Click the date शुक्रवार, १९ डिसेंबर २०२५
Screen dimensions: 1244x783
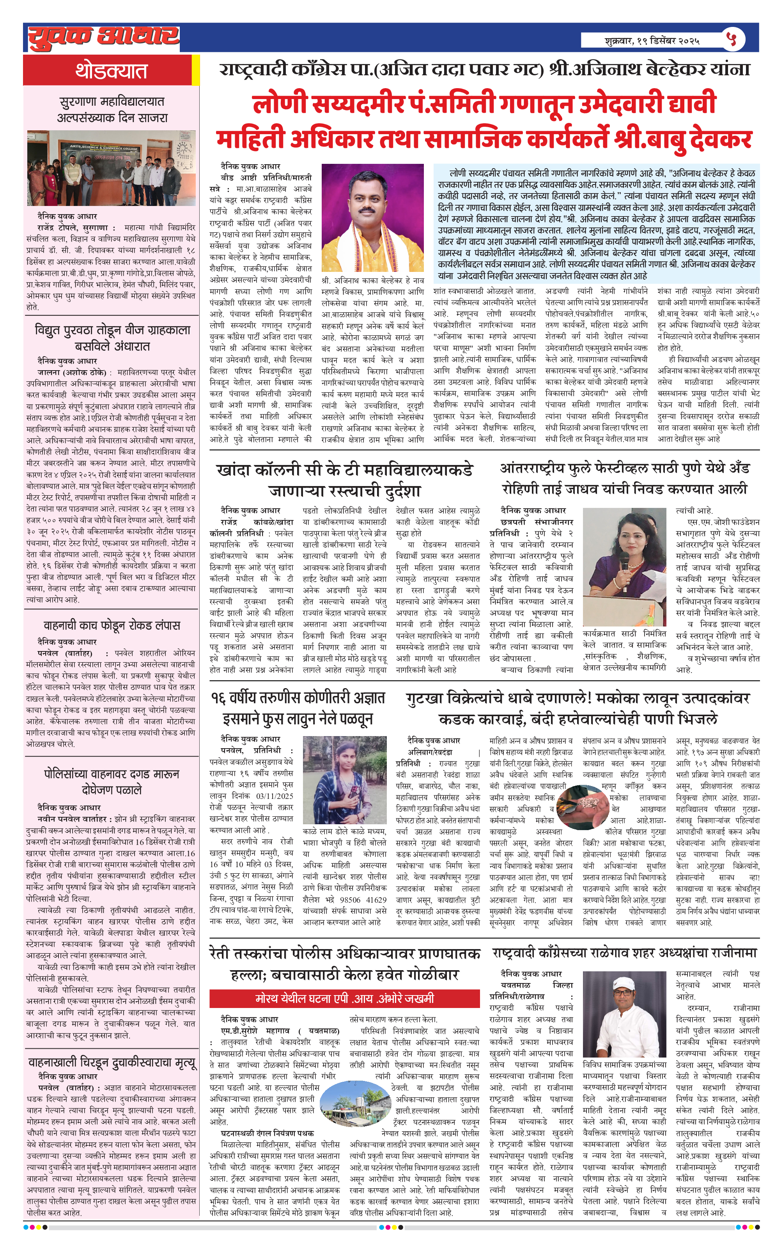(652, 40)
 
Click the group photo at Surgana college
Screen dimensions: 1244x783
(111, 168)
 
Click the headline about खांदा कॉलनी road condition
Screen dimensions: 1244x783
(344, 480)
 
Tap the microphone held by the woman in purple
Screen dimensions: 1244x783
(624, 564)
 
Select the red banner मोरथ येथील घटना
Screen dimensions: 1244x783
(344, 999)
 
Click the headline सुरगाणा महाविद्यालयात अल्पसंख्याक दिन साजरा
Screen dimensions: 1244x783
(112, 110)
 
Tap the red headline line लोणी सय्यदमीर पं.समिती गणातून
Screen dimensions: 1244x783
(484, 104)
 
